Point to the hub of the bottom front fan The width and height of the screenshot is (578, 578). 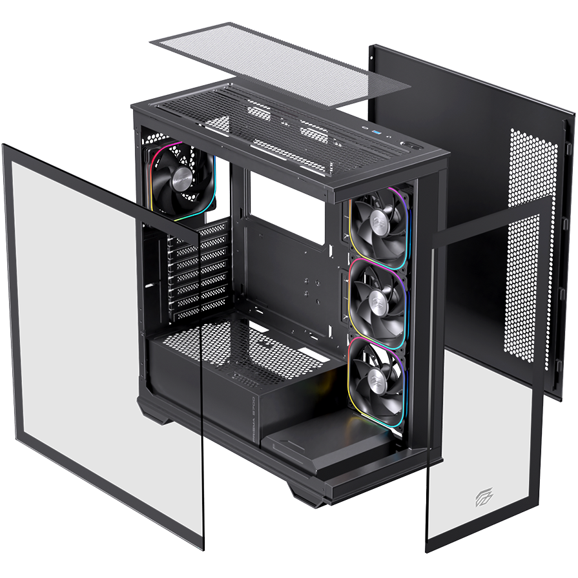pos(377,371)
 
